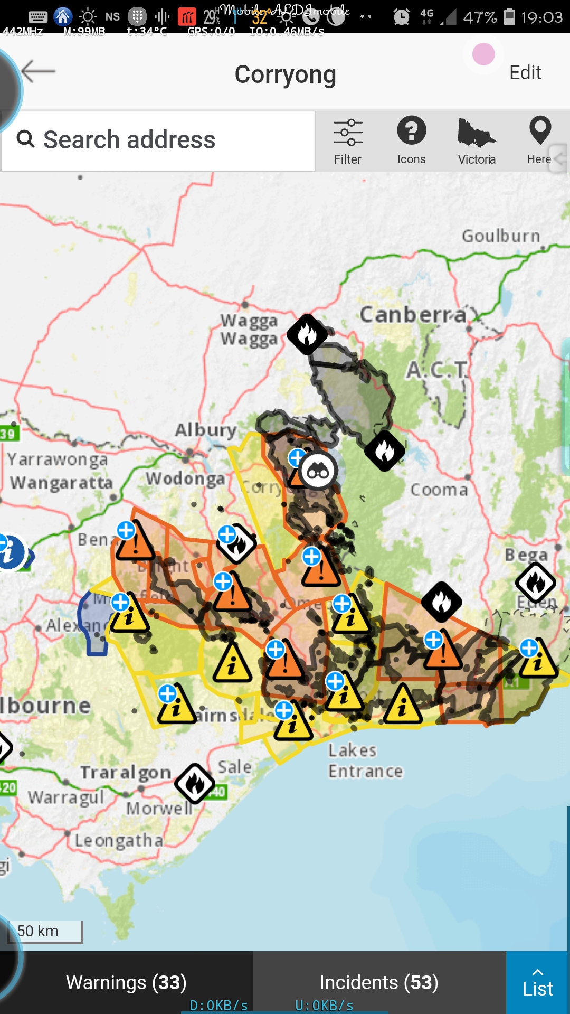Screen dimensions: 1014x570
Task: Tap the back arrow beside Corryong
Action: (x=39, y=71)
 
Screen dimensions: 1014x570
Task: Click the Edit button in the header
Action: (x=525, y=72)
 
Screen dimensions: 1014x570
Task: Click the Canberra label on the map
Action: (x=413, y=315)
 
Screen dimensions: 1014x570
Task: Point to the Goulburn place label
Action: (x=501, y=236)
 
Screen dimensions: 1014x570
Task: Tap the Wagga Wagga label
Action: (x=249, y=330)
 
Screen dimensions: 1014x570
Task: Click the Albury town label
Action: (x=206, y=430)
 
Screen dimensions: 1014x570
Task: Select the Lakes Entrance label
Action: (x=365, y=760)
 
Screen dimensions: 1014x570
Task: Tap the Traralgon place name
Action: (x=126, y=773)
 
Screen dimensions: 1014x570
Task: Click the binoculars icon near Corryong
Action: (x=318, y=471)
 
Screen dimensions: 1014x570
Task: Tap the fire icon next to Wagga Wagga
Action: (x=307, y=334)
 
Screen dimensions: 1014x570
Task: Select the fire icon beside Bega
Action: (x=536, y=583)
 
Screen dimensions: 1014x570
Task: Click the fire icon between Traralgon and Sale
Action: (x=195, y=784)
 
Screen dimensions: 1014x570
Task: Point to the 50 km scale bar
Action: (x=45, y=931)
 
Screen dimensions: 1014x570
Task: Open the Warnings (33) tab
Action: (x=126, y=982)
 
